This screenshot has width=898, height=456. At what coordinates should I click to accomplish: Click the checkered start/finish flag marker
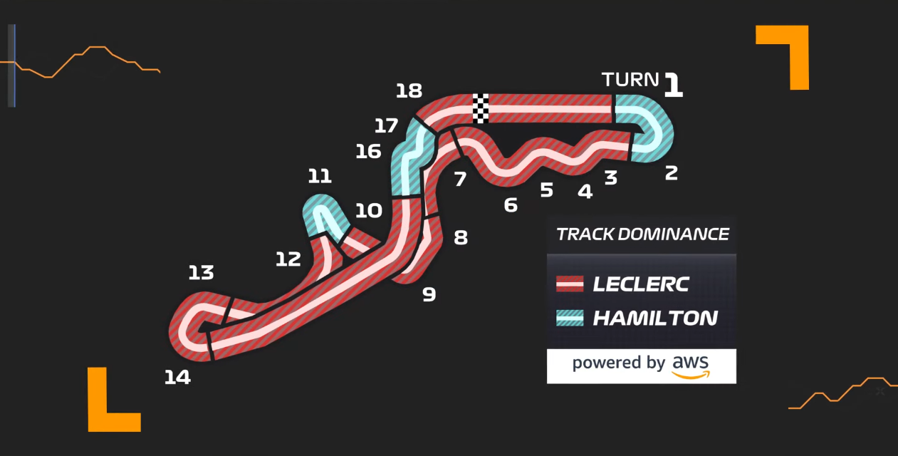(x=481, y=108)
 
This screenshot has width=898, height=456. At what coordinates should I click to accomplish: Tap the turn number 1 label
(x=673, y=85)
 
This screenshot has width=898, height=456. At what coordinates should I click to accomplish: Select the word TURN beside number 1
(x=630, y=80)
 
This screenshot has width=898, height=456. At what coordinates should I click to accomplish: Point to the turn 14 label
(x=177, y=378)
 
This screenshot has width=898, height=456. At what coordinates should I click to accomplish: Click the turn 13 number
(x=201, y=273)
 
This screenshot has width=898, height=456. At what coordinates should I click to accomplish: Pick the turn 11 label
(x=320, y=176)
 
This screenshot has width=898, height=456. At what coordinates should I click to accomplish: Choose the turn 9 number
(x=429, y=294)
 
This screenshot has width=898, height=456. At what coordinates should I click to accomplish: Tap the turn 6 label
(x=511, y=205)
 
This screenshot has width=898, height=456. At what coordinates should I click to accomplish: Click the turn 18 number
(x=409, y=91)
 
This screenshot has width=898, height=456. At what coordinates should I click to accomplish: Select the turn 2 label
(x=671, y=172)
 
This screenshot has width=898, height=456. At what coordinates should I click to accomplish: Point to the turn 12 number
(x=288, y=259)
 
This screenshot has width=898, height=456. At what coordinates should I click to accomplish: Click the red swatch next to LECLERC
(x=570, y=284)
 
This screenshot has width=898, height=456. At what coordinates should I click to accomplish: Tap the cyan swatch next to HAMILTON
(x=570, y=318)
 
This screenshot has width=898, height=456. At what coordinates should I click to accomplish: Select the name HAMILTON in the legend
(x=654, y=318)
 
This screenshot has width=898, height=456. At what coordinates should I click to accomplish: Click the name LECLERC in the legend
(x=641, y=284)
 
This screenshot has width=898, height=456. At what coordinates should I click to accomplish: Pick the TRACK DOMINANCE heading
(x=642, y=234)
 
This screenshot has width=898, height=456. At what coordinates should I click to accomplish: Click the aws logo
(x=691, y=365)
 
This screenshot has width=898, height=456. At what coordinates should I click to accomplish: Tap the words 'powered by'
(x=618, y=363)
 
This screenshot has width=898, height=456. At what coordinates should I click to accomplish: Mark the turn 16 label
(x=368, y=152)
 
